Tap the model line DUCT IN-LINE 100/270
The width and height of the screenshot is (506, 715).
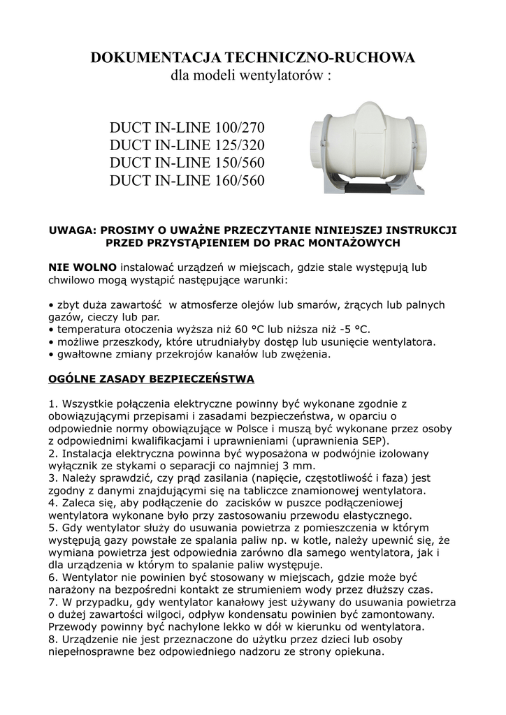[x=188, y=129]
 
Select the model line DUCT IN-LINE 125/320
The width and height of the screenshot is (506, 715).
[x=188, y=146]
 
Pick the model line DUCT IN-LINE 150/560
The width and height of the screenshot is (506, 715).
[x=188, y=163]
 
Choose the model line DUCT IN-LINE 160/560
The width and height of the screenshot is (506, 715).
[x=188, y=181]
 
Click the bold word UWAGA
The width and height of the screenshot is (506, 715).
[x=71, y=229]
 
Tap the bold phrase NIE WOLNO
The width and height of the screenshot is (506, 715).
[x=82, y=267]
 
